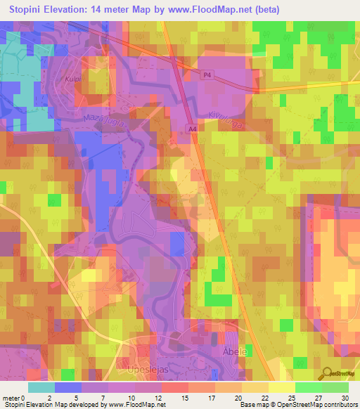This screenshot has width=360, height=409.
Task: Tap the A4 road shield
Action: (x=192, y=129)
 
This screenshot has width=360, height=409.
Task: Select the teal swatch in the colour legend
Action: (x=41, y=387)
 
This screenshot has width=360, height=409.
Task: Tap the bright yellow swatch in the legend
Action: (x=282, y=387)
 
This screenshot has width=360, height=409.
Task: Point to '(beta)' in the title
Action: (x=266, y=10)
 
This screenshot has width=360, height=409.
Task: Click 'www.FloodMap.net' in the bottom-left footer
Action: (x=134, y=405)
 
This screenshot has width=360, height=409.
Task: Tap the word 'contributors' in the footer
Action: (x=338, y=405)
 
